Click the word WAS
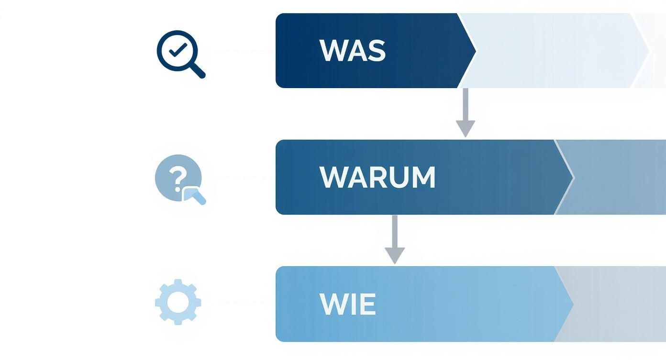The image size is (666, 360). tap(352, 50)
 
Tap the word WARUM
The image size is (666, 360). tap(377, 178)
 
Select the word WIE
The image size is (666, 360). tap(347, 304)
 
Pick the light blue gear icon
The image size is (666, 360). tap(178, 302)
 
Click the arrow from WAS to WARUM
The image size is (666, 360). tap(465, 113)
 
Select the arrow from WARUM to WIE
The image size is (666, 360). tap(395, 239)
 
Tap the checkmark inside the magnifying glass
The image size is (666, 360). tap(178, 50)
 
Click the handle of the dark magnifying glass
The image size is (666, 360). tap(197, 70)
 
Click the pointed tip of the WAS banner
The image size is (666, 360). tap(474, 50)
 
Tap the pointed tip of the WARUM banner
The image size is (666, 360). tap(571, 178)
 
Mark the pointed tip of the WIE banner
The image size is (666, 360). tap(571, 304)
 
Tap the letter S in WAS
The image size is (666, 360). tap(377, 50)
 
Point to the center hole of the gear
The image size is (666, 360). tap(178, 302)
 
